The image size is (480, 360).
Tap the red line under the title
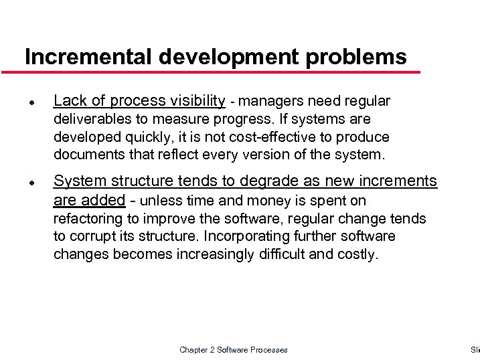221,72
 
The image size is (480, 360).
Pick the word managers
266,101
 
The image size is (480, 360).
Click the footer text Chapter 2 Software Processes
234,350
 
